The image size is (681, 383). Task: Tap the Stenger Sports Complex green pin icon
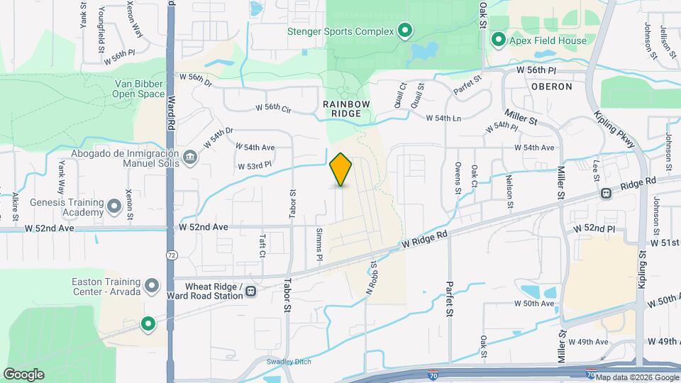[x=405, y=30]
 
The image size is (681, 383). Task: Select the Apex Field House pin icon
[x=499, y=40]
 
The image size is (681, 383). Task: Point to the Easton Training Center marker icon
[x=151, y=286]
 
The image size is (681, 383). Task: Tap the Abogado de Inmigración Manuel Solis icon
[x=190, y=156]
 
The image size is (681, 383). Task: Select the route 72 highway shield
[x=171, y=254]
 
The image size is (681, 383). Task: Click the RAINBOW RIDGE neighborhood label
[x=347, y=108]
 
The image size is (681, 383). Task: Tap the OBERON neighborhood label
[x=551, y=87]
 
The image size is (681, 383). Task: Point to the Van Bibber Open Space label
[x=140, y=88]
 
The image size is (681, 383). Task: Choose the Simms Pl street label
[x=319, y=244]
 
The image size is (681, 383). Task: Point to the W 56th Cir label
[x=274, y=108]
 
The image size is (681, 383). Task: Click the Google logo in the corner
[x=23, y=374]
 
